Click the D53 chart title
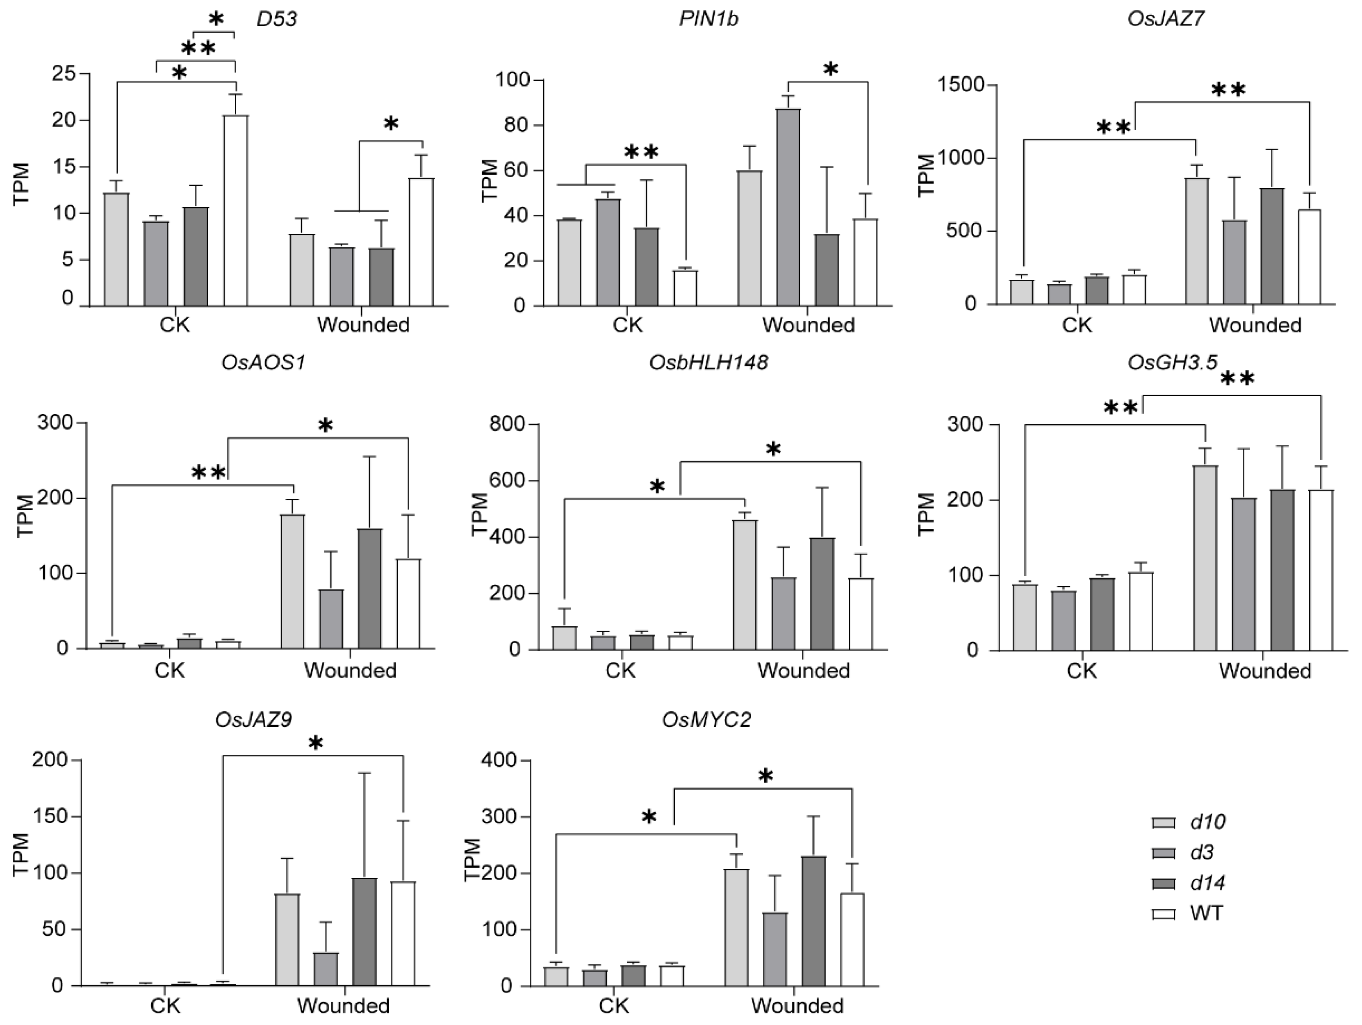tap(276, 19)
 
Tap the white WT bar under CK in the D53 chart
tap(236, 210)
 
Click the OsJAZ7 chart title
tap(1166, 19)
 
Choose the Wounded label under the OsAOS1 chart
tap(350, 670)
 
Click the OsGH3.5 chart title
tap(1172, 363)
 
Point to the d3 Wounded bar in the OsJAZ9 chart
tap(326, 968)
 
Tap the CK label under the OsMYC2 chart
tap(614, 1005)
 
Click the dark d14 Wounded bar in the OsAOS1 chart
tap(369, 588)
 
